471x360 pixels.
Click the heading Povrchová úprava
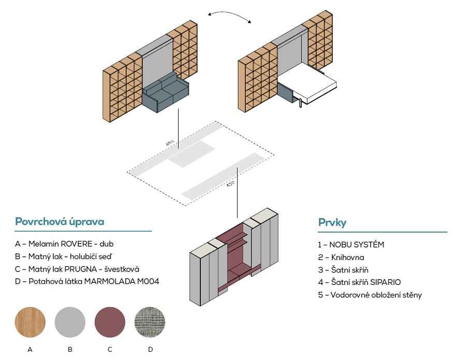pos(60,222)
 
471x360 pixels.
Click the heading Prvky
pos(332,223)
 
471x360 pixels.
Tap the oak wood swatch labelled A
pos(30,321)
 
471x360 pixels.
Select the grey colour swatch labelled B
pos(70,321)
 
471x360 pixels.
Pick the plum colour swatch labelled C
pos(110,321)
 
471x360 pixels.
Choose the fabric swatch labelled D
pos(150,321)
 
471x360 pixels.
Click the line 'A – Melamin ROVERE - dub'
pos(64,243)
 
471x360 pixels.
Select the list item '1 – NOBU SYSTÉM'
pos(351,244)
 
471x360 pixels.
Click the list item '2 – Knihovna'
pos(341,257)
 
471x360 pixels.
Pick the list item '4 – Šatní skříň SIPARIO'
pos(359,282)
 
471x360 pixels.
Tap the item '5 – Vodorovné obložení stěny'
pos(370,295)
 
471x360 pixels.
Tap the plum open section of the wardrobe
pos(236,259)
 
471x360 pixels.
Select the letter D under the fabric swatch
pos(151,350)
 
